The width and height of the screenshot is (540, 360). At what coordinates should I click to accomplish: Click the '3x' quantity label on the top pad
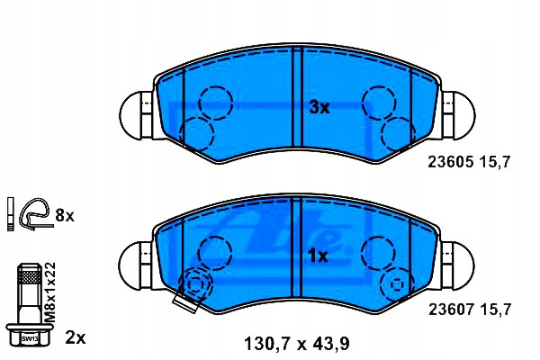click(319, 108)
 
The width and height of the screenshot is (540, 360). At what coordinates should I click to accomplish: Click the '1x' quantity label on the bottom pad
click(318, 256)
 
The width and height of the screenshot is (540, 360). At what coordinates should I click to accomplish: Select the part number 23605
click(451, 162)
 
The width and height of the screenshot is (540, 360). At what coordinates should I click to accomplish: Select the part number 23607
click(452, 310)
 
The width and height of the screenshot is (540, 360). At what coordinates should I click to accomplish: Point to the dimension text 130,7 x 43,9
click(297, 344)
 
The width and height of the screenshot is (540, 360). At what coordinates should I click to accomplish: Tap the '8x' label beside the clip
click(65, 216)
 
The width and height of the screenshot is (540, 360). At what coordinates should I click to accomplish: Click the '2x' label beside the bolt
click(76, 338)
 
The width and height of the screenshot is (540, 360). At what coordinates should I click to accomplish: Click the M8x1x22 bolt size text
click(50, 292)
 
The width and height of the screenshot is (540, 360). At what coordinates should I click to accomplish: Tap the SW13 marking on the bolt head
click(30, 338)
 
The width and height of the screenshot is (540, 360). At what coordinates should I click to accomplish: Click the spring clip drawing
click(35, 214)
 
